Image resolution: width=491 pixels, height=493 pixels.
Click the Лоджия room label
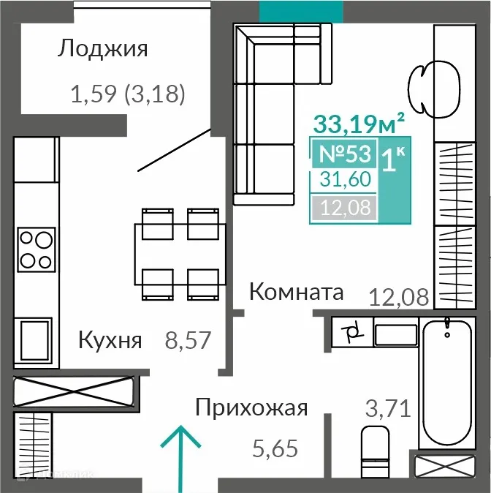(x=102, y=49)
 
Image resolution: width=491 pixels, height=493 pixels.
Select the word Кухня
(x=110, y=340)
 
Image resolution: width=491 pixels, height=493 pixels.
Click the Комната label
(x=296, y=293)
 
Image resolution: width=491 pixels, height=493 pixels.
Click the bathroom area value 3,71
(x=387, y=407)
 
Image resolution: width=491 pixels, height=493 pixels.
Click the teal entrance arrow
(x=180, y=454)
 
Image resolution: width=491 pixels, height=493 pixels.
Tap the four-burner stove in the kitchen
(x=36, y=249)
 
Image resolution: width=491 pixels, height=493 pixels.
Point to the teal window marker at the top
(x=301, y=10)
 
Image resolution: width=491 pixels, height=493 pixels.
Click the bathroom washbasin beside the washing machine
(x=395, y=334)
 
